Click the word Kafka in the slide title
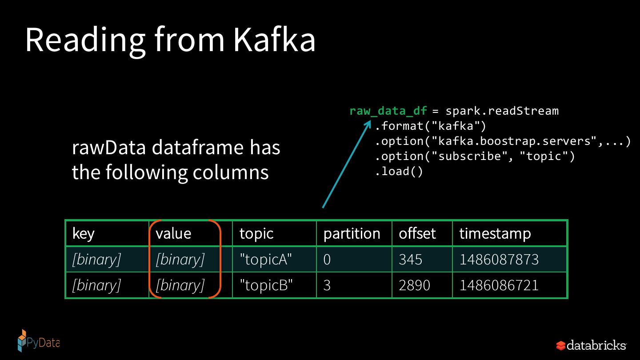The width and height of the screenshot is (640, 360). [274, 40]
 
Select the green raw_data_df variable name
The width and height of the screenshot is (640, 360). [388, 111]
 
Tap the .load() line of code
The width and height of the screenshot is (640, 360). [399, 172]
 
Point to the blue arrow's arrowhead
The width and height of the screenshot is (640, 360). [368, 125]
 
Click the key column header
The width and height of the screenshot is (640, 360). [84, 234]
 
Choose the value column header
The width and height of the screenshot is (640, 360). [173, 234]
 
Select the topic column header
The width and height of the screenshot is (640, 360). [256, 234]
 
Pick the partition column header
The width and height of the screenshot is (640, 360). [352, 234]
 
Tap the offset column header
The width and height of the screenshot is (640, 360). [417, 234]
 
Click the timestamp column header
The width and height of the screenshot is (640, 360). [495, 234]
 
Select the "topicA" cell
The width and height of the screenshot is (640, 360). [265, 260]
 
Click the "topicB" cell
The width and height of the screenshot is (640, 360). [266, 285]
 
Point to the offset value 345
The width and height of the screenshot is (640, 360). [410, 260]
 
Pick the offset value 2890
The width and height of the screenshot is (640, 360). [414, 285]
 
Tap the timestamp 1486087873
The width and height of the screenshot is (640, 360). [499, 260]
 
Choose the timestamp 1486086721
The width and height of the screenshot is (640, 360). [499, 285]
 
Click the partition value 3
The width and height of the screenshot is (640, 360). [327, 285]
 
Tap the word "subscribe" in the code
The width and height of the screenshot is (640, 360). [473, 156]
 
